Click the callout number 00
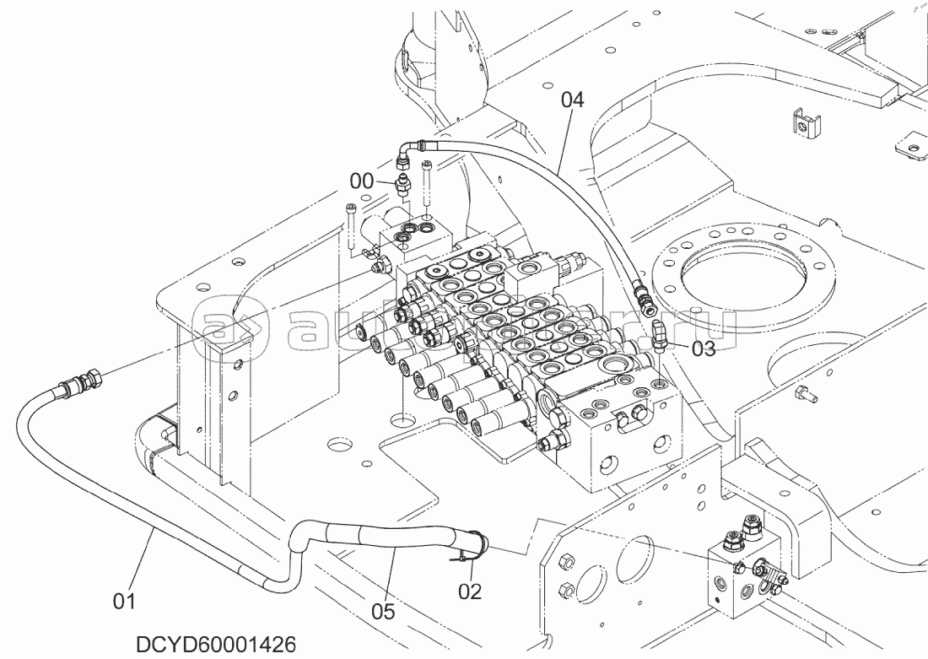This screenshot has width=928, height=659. click(361, 181)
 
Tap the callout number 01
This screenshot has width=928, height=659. click(124, 601)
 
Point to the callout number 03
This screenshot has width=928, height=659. click(704, 347)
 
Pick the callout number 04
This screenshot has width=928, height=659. click(572, 100)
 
